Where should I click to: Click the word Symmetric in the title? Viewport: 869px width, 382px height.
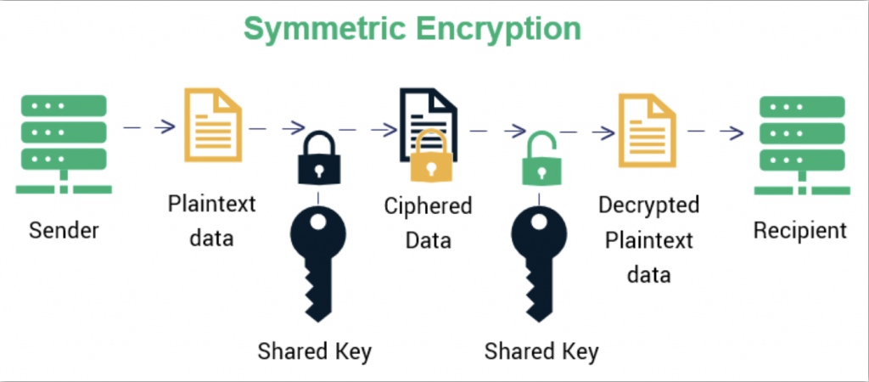[x=322, y=27]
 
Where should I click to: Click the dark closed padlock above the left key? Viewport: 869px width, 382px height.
[x=318, y=160]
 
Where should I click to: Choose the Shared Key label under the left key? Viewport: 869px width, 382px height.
[x=316, y=350]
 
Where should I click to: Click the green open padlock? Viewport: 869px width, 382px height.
[x=540, y=158]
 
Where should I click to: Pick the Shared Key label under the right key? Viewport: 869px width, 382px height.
[x=541, y=350]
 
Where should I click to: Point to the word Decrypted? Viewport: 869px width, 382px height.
[x=648, y=205]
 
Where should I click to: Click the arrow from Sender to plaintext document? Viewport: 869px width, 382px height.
[x=149, y=128]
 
